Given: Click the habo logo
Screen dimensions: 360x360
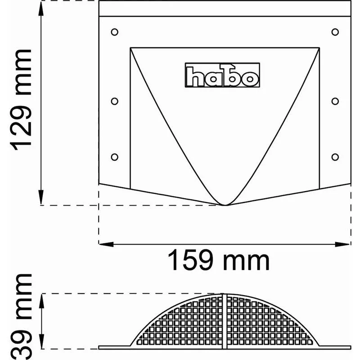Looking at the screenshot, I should [x=222, y=75].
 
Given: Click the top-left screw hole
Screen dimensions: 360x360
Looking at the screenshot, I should [x=114, y=32].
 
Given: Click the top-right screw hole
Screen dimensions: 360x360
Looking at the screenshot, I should [x=335, y=32].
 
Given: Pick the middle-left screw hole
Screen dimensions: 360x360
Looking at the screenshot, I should [x=114, y=101].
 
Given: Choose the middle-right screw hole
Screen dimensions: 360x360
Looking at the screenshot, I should [x=335, y=101].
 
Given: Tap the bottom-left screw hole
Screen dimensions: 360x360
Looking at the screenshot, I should [x=114, y=157].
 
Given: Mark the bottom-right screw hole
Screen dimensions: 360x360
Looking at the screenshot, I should [x=335, y=157].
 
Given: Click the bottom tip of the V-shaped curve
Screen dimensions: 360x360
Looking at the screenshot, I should [x=225, y=205].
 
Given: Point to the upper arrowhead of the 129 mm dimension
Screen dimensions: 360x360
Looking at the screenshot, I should [x=41, y=5].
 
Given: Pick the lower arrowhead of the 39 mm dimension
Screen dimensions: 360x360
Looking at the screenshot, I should [x=41, y=344].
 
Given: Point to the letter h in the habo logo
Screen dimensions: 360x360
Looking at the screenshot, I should [x=195, y=77].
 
